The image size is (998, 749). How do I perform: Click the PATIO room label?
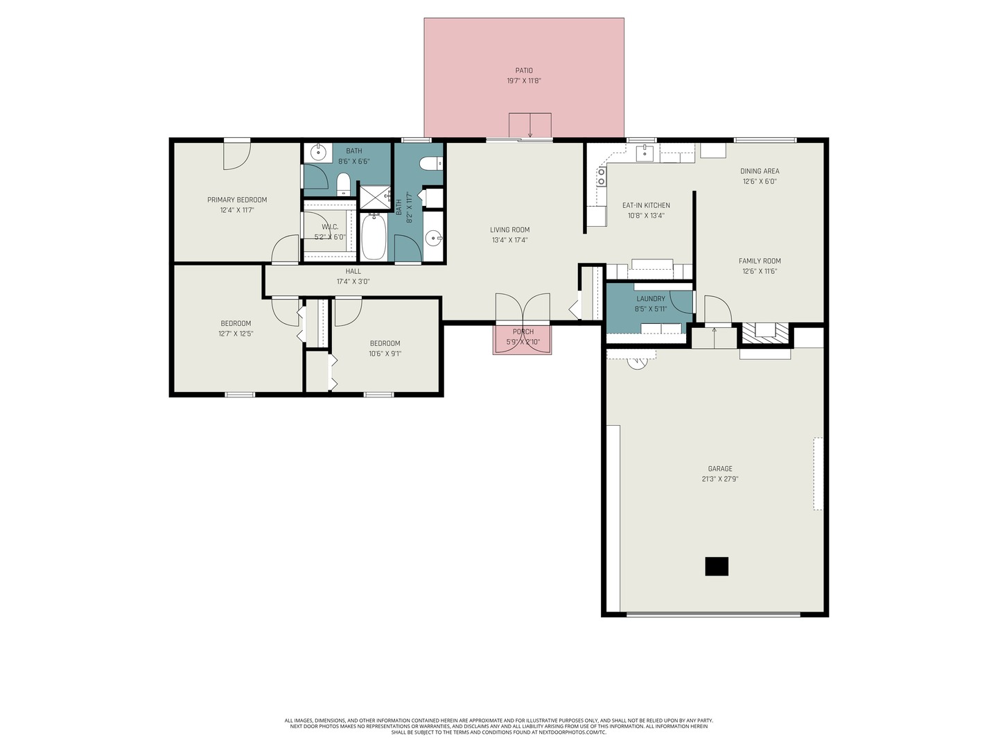tap(523, 70)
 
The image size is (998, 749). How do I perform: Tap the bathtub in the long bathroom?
tap(374, 236)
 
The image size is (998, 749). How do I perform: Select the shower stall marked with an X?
tap(374, 197)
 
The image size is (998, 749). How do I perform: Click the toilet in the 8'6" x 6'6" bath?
tap(343, 184)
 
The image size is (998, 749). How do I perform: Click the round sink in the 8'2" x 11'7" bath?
tap(434, 239)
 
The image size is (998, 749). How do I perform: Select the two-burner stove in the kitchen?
tap(601, 177)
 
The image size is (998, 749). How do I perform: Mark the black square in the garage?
tap(717, 567)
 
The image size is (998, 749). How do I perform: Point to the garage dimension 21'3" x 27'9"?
tap(719, 479)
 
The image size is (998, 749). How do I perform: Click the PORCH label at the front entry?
tap(523, 332)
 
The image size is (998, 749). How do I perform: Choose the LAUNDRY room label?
tap(650, 299)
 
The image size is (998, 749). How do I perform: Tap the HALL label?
tap(353, 271)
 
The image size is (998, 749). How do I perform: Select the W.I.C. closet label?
tap(330, 227)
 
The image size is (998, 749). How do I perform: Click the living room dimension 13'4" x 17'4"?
tap(509, 240)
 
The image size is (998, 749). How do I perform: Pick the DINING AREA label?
tap(760, 171)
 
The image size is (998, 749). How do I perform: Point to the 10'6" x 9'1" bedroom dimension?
tap(385, 354)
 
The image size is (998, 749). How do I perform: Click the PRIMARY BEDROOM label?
tap(237, 200)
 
